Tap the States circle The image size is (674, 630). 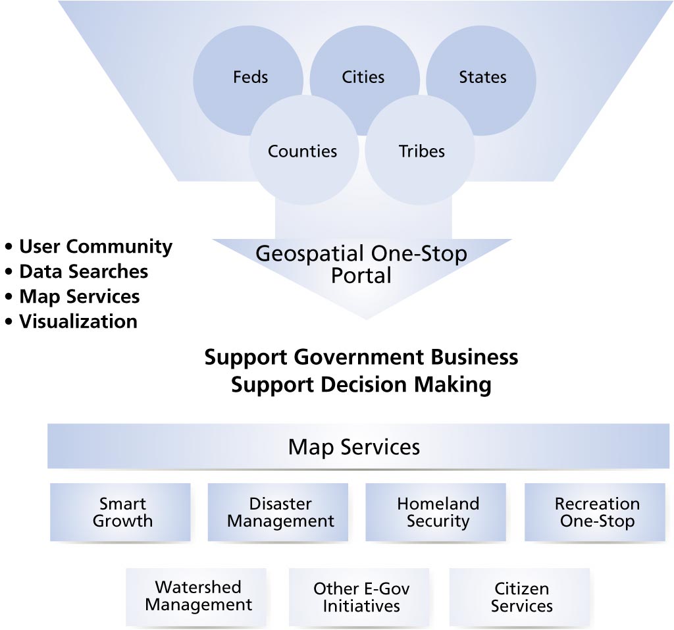point(482,78)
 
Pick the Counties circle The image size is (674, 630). point(302,151)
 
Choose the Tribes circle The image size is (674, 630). point(421,151)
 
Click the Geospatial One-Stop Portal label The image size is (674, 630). point(361,264)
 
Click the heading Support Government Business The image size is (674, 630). point(361,357)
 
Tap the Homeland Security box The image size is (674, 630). point(437,512)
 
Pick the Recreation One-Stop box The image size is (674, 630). point(596,512)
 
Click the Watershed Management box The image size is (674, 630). point(197,596)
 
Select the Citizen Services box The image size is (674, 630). point(521,596)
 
